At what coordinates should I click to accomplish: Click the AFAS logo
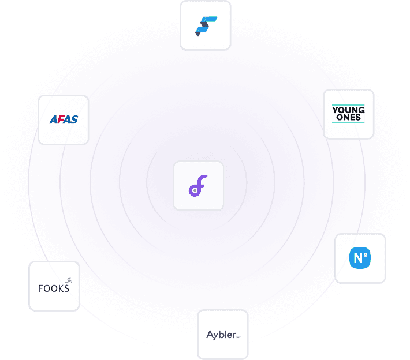[x=64, y=120]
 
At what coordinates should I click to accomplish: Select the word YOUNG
[x=348, y=110]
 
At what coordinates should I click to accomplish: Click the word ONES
[x=348, y=117]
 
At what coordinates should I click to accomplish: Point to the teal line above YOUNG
[x=348, y=104]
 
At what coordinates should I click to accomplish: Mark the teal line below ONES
[x=348, y=122]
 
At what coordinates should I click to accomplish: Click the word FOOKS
[x=53, y=288]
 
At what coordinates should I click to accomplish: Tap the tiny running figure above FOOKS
[x=69, y=280]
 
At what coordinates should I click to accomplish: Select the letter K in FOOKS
[x=60, y=288]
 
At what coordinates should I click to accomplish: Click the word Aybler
[x=221, y=335]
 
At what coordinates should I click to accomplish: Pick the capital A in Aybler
[x=210, y=335]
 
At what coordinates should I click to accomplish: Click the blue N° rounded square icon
[x=360, y=258]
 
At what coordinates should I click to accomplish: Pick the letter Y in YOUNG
[x=336, y=110]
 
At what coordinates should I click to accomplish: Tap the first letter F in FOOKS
[x=40, y=288]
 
